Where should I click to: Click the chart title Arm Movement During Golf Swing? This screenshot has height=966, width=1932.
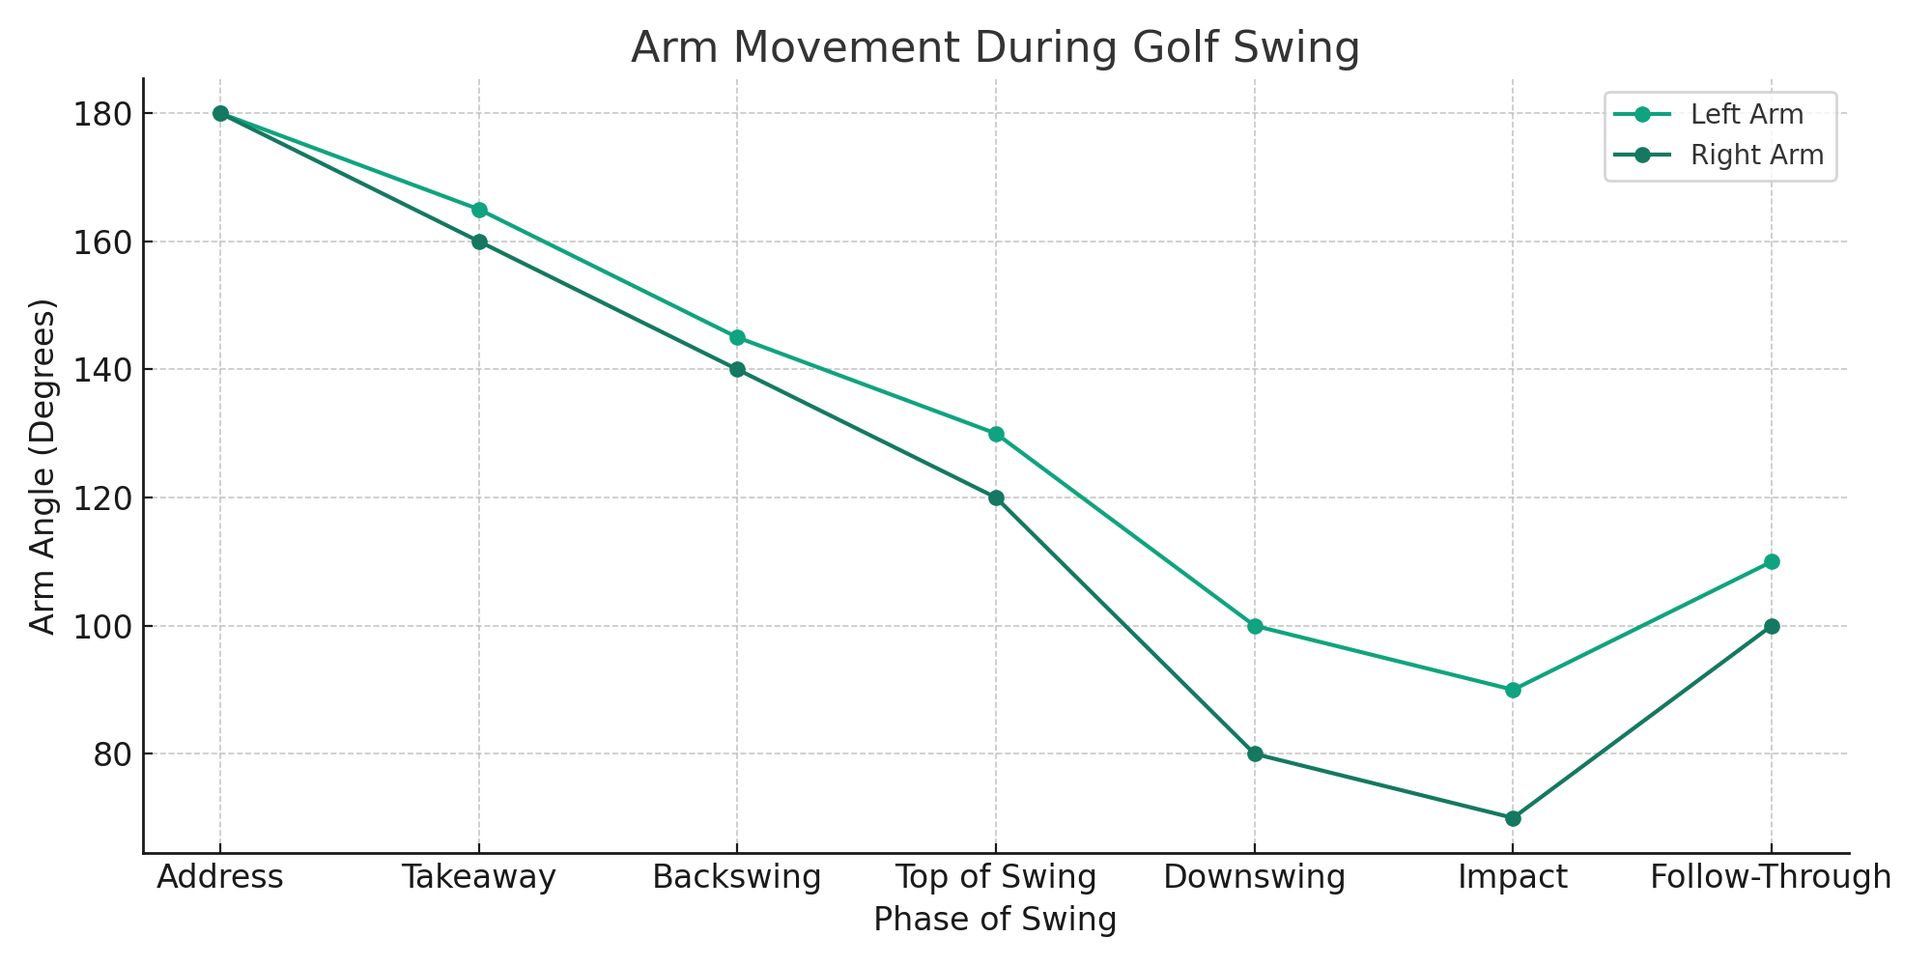pos(995,47)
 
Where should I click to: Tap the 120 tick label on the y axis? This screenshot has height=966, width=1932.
pos(100,498)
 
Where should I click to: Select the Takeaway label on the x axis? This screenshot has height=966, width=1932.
pos(479,878)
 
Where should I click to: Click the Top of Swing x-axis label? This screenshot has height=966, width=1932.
pos(996,878)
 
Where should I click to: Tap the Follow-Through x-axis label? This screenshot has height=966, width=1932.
pos(1771,878)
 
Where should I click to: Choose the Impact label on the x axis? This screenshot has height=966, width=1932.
pos(1513,878)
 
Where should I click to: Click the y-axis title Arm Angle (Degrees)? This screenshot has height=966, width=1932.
pos(43,467)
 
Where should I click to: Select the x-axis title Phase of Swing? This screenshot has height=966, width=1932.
pos(995,920)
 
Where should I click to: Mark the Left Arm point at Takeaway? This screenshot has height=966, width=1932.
pos(479,210)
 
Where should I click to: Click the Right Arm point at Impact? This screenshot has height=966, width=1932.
pos(1513,818)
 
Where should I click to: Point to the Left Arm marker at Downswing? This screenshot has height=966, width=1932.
pos(1255,626)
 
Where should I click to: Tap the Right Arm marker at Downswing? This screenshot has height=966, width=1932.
pos(1255,754)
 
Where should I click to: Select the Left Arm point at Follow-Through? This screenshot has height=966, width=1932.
pos(1772,562)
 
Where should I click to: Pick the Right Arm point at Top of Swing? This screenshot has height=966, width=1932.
pos(996,498)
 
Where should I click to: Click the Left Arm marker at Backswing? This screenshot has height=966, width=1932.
pos(737,338)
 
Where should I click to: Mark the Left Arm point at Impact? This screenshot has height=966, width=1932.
pos(1513,691)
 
